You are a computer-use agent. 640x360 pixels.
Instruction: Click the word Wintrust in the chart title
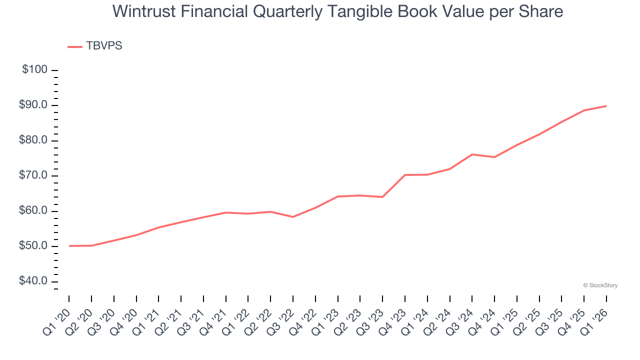(137, 11)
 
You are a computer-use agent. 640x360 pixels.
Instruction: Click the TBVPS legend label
(104, 46)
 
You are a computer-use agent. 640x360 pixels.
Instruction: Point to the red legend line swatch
(75, 46)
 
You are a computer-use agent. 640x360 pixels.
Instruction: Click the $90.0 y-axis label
(33, 105)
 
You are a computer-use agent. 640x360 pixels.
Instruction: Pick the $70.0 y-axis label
(33, 175)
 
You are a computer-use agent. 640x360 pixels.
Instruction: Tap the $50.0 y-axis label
(33, 246)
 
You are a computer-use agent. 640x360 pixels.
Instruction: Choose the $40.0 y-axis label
(33, 281)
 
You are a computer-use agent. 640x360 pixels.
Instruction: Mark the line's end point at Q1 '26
(606, 106)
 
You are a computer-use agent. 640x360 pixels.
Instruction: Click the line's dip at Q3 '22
(292, 217)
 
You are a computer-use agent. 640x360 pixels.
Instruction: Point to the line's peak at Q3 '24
(472, 154)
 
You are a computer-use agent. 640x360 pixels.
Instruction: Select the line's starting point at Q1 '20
(69, 246)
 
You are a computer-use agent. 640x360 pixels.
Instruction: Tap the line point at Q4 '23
(404, 175)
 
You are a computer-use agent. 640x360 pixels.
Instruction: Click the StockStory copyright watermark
(600, 285)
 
